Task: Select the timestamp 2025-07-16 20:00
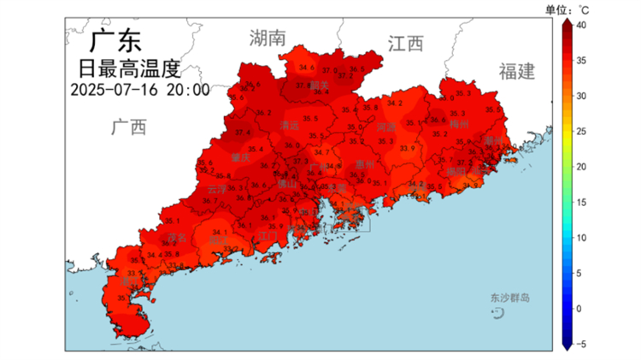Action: coord(139,88)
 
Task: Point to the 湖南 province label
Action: coord(268,38)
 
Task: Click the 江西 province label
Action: coord(405,44)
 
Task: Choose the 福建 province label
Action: coord(516,70)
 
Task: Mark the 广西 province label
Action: coord(128,127)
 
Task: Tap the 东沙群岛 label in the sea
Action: coord(509,298)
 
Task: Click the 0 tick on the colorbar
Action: coord(580,308)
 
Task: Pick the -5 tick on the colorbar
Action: coord(581,343)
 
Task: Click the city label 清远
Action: coord(290,125)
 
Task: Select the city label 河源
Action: coord(387,127)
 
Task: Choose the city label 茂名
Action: coord(177,238)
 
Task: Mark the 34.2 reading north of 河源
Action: coord(395,103)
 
